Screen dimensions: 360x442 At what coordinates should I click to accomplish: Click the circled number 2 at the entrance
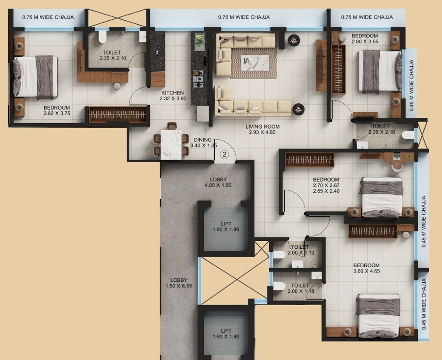(x=225, y=154)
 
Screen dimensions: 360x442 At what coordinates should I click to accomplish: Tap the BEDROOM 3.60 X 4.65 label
(x=366, y=269)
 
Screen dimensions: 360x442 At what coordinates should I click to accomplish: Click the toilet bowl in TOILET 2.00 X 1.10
(x=279, y=255)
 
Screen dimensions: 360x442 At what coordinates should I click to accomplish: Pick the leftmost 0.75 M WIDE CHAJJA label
(x=48, y=17)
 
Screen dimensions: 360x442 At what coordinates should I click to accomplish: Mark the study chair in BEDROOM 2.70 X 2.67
(x=397, y=164)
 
